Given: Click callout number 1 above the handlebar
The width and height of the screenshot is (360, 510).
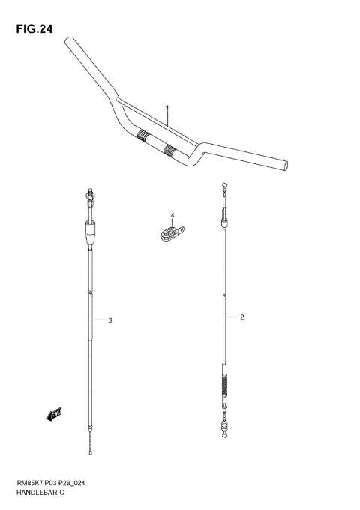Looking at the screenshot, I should pos(167,107).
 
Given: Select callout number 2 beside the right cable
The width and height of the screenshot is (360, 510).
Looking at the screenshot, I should pos(242,316).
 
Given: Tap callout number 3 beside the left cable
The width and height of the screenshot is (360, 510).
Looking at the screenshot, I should pos(109,320).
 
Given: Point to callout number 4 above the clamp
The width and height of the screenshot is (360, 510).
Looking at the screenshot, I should pos(171,216).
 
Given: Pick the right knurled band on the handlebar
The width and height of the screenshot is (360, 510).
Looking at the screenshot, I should pos(172,151).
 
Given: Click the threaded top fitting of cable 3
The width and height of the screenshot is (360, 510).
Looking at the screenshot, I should pos(89,199).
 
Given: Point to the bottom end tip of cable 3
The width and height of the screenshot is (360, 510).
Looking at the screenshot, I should pos(91,452).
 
